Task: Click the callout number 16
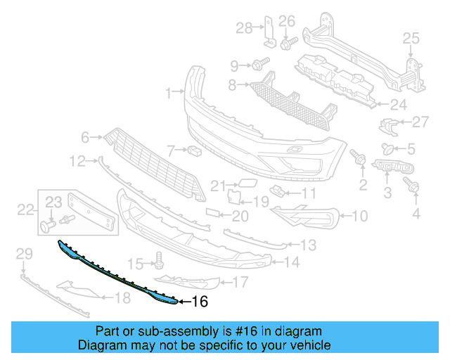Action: coord(200,302)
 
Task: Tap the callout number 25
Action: coord(410,39)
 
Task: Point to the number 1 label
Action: coord(169,92)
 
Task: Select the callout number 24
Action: coord(399,105)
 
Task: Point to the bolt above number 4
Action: coord(413,186)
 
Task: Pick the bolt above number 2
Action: coord(361,160)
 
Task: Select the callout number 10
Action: coord(359,217)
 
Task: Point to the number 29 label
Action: coord(24,253)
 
